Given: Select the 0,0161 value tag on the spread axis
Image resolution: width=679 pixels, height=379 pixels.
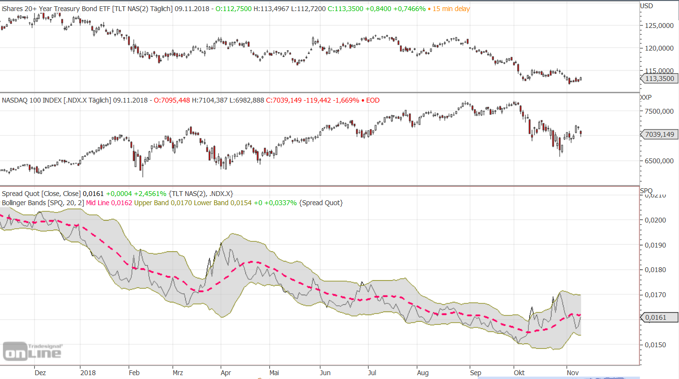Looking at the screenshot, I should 658,317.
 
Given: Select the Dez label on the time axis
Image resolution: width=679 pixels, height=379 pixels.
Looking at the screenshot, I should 40,373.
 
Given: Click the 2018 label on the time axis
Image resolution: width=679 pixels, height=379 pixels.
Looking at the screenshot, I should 88,373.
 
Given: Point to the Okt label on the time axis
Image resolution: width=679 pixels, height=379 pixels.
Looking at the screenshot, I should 519,373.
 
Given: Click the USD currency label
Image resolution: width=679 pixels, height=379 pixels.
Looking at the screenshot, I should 647,6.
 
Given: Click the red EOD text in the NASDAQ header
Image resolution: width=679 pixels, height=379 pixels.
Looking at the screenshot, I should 372,100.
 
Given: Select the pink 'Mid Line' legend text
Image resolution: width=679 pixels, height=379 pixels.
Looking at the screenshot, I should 98,203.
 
